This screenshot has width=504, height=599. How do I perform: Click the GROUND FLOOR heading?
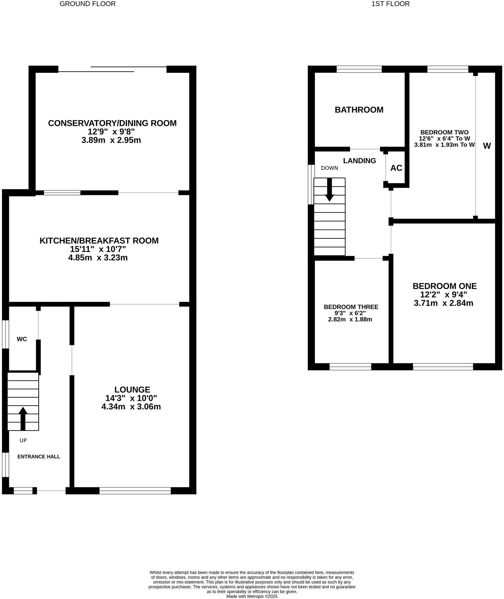pyautogui.click(x=87, y=4)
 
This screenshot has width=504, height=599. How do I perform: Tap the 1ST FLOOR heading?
pyautogui.click(x=391, y=4)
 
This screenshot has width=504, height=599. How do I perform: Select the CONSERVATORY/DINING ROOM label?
pyautogui.click(x=112, y=123)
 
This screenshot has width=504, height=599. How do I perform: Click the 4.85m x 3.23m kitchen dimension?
pyautogui.click(x=98, y=258)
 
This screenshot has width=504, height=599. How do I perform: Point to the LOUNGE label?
pyautogui.click(x=132, y=390)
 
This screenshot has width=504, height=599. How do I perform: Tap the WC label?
pyautogui.click(x=22, y=339)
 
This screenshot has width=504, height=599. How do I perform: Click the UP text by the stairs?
pyautogui.click(x=23, y=440)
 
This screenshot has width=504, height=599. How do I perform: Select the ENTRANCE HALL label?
pyautogui.click(x=39, y=457)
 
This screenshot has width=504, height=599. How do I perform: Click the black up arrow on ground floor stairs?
pyautogui.click(x=23, y=418)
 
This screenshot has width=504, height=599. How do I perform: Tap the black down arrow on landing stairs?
pyautogui.click(x=329, y=189)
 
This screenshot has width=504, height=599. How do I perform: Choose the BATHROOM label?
pyautogui.click(x=359, y=110)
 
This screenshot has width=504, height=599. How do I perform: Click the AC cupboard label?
pyautogui.click(x=396, y=168)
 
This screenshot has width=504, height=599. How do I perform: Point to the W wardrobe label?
pyautogui.click(x=487, y=146)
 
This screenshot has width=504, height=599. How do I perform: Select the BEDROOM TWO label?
pyautogui.click(x=444, y=132)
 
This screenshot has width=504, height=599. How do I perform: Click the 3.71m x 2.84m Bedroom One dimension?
pyautogui.click(x=443, y=303)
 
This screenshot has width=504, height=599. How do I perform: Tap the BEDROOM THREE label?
pyautogui.click(x=351, y=307)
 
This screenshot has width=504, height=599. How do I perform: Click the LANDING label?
pyautogui.click(x=359, y=161)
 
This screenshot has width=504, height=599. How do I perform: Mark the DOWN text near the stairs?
pyautogui.click(x=329, y=168)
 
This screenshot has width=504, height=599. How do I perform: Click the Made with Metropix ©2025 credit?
pyautogui.click(x=252, y=596)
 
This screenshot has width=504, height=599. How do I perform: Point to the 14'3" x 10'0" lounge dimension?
pyautogui.click(x=131, y=398)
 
